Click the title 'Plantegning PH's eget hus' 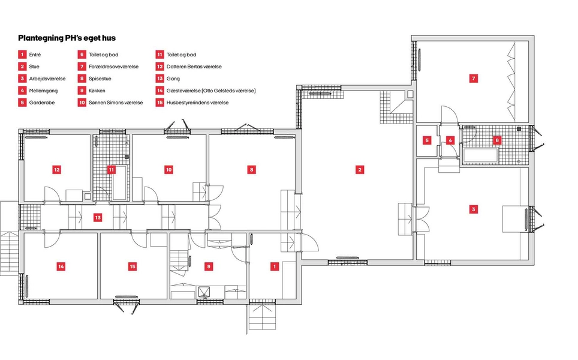67,37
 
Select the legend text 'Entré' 35,55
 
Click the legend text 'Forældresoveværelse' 113,67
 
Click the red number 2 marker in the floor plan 360,170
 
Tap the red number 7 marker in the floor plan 474,78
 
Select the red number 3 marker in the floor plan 474,209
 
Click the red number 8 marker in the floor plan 251,170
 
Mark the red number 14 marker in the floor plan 61,265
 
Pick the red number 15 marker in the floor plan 133,265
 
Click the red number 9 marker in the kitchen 209,265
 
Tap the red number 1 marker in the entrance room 275,265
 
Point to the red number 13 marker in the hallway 98,217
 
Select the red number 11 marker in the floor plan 112,170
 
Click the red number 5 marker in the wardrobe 427,140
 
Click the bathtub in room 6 480,155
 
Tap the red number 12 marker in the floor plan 57,170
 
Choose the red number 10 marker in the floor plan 169,170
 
